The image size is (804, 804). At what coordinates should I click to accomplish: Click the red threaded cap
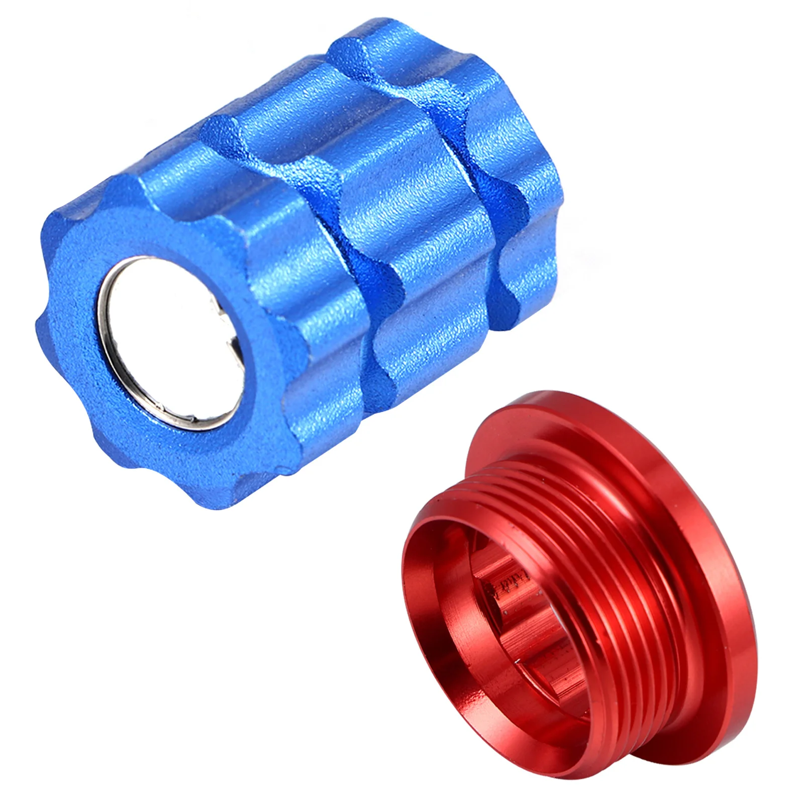tap(578, 603)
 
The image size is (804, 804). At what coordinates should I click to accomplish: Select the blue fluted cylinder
tap(301, 251)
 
